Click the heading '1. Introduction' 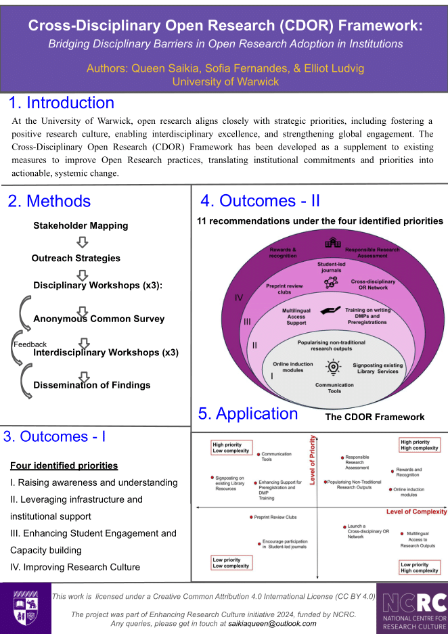pos(62,104)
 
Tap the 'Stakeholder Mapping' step pos(81,225)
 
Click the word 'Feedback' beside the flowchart pos(30,344)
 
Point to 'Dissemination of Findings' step pos(92,385)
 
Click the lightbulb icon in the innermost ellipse pos(332,367)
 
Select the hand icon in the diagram pos(331,310)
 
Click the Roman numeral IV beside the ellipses pos(238,297)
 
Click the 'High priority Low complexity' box pos(231,447)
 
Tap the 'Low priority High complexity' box pos(420,568)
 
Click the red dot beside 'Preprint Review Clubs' pos(250,517)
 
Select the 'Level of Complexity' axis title pos(416,512)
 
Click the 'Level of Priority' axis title pos(313,461)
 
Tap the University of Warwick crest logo pos(25,608)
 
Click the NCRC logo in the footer pos(412,608)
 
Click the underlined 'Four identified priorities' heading pos(64,466)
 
